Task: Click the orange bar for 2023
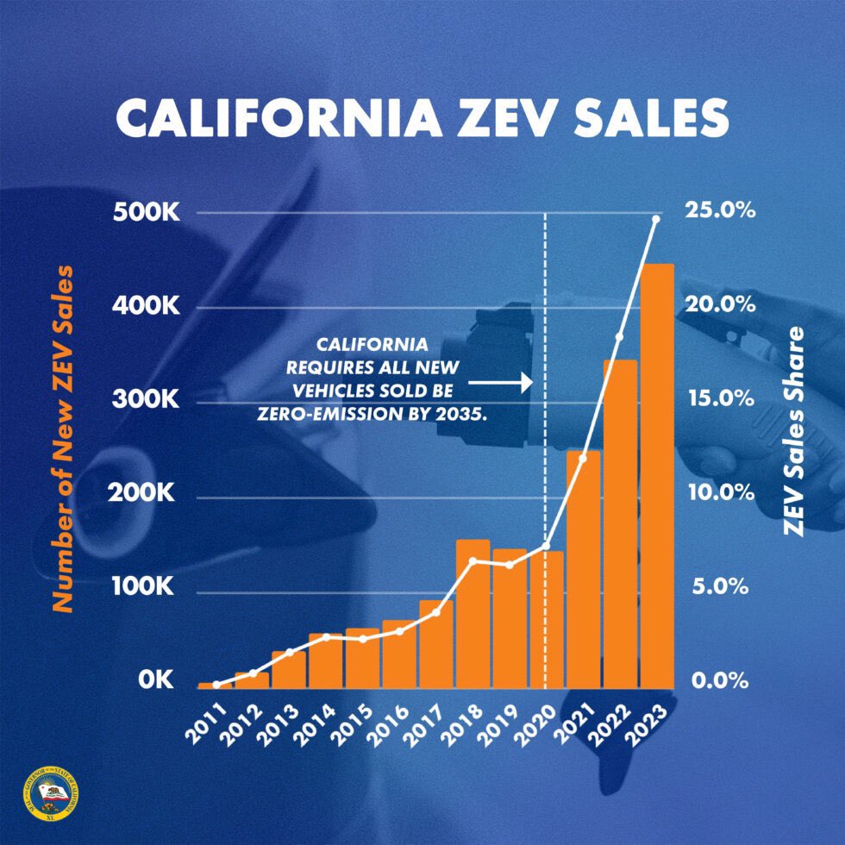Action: click(656, 474)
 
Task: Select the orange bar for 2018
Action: click(473, 613)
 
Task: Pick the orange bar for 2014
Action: click(326, 660)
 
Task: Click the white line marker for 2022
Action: click(619, 337)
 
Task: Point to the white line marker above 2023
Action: click(656, 219)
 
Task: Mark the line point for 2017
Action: click(436, 612)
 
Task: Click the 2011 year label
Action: click(209, 719)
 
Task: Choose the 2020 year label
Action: click(538, 719)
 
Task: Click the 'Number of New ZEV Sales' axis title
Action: click(61, 440)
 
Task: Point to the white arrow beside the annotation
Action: click(502, 379)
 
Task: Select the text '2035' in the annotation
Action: click(466, 414)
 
